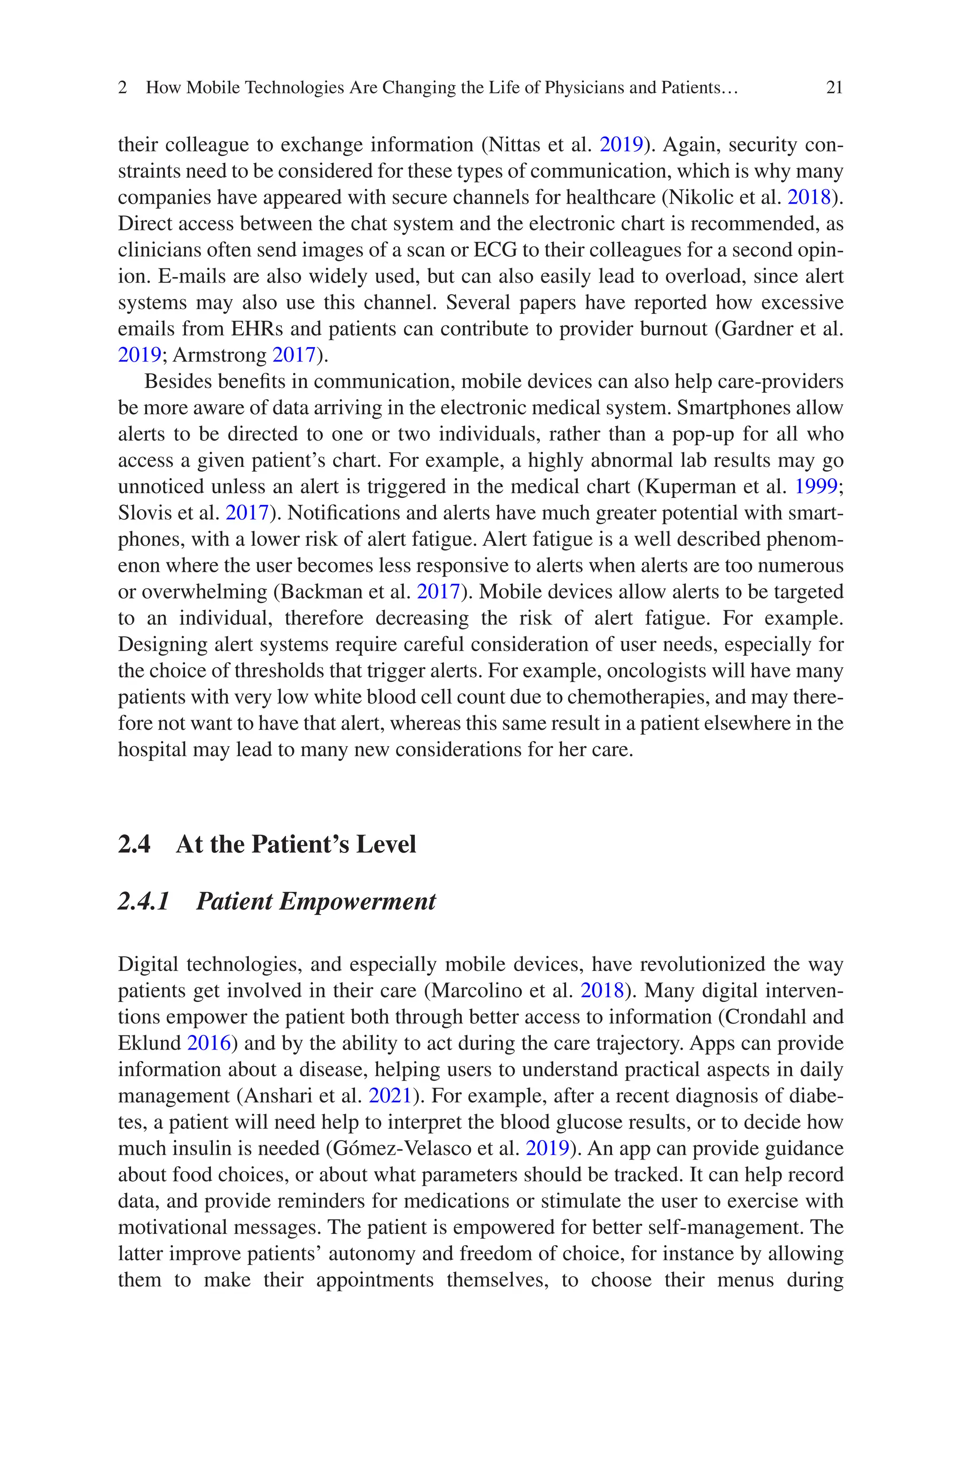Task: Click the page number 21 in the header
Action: coord(834,88)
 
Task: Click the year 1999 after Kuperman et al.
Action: coord(816,486)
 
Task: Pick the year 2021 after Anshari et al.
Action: coord(389,1096)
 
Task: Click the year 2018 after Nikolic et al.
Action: coord(808,197)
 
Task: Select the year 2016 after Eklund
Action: coord(209,1043)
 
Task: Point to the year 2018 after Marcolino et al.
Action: coord(602,990)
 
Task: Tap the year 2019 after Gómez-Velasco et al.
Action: coord(547,1149)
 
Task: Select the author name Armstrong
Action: coord(220,355)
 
